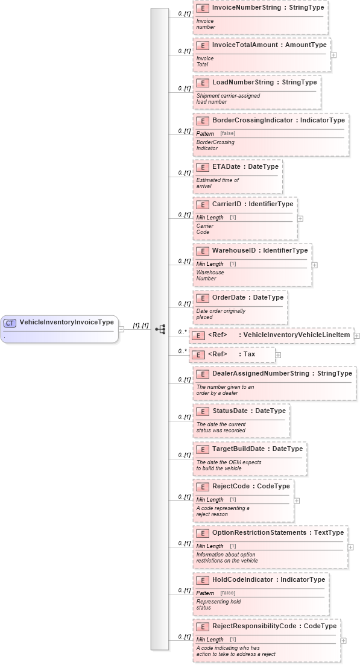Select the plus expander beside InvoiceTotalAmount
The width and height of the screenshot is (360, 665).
coord(333,54)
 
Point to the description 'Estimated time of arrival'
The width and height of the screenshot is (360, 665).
coord(218,183)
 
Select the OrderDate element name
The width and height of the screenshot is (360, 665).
coord(229,297)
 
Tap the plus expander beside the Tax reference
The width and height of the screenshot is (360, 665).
coord(278,355)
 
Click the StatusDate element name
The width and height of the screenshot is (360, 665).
coord(230,411)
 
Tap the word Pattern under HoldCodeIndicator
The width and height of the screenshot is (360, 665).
coord(205,593)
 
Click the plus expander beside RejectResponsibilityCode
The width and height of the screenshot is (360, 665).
coord(344,641)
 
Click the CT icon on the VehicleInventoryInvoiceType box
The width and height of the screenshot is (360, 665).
coord(10,323)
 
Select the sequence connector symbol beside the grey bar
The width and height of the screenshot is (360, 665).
coord(160,329)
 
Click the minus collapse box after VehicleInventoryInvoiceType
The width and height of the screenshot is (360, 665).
coord(121,329)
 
